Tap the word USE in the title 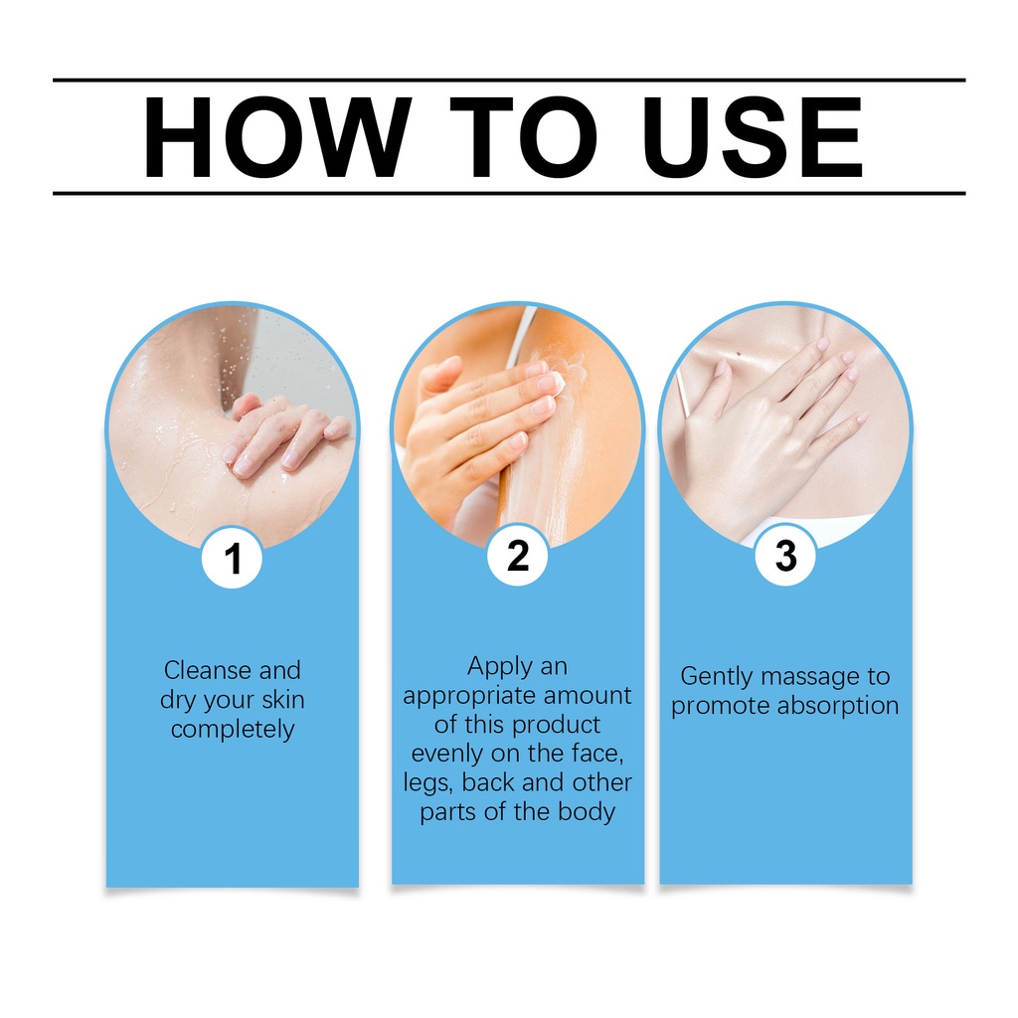pyautogui.click(x=753, y=137)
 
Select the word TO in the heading pyautogui.click(x=523, y=137)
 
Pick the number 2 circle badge pyautogui.click(x=517, y=556)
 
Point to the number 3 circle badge pyautogui.click(x=785, y=556)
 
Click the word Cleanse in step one pyautogui.click(x=208, y=670)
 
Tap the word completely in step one pyautogui.click(x=233, y=729)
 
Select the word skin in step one pyautogui.click(x=283, y=699)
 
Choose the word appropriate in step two pyautogui.click(x=469, y=696)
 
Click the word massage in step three pyautogui.click(x=809, y=677)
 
